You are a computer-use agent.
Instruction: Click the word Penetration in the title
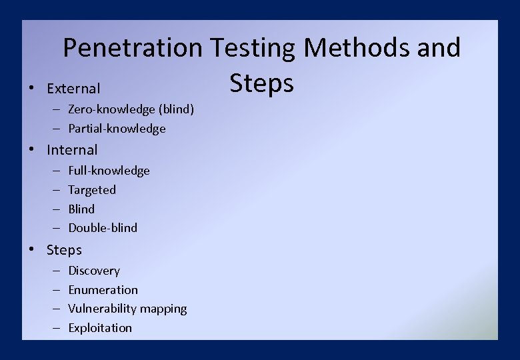pos(132,48)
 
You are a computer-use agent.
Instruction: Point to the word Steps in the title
pos(261,84)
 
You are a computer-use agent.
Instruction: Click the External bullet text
pos(73,89)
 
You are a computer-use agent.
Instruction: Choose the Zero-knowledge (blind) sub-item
pos(131,109)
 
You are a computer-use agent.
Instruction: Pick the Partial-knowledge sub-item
pos(117,129)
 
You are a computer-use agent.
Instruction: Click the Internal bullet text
pos(72,150)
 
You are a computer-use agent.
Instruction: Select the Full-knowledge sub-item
pos(109,171)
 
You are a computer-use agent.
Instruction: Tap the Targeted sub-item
pos(92,190)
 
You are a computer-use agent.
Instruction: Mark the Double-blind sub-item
pos(103,228)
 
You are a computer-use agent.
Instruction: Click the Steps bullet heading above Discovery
pos(64,250)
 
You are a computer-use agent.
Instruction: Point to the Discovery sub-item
pos(94,271)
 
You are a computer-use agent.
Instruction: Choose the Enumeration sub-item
pos(103,290)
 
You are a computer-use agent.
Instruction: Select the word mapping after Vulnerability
pos(165,309)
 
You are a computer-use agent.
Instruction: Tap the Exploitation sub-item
pos(100,328)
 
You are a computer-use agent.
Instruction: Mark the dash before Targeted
pos(55,190)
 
